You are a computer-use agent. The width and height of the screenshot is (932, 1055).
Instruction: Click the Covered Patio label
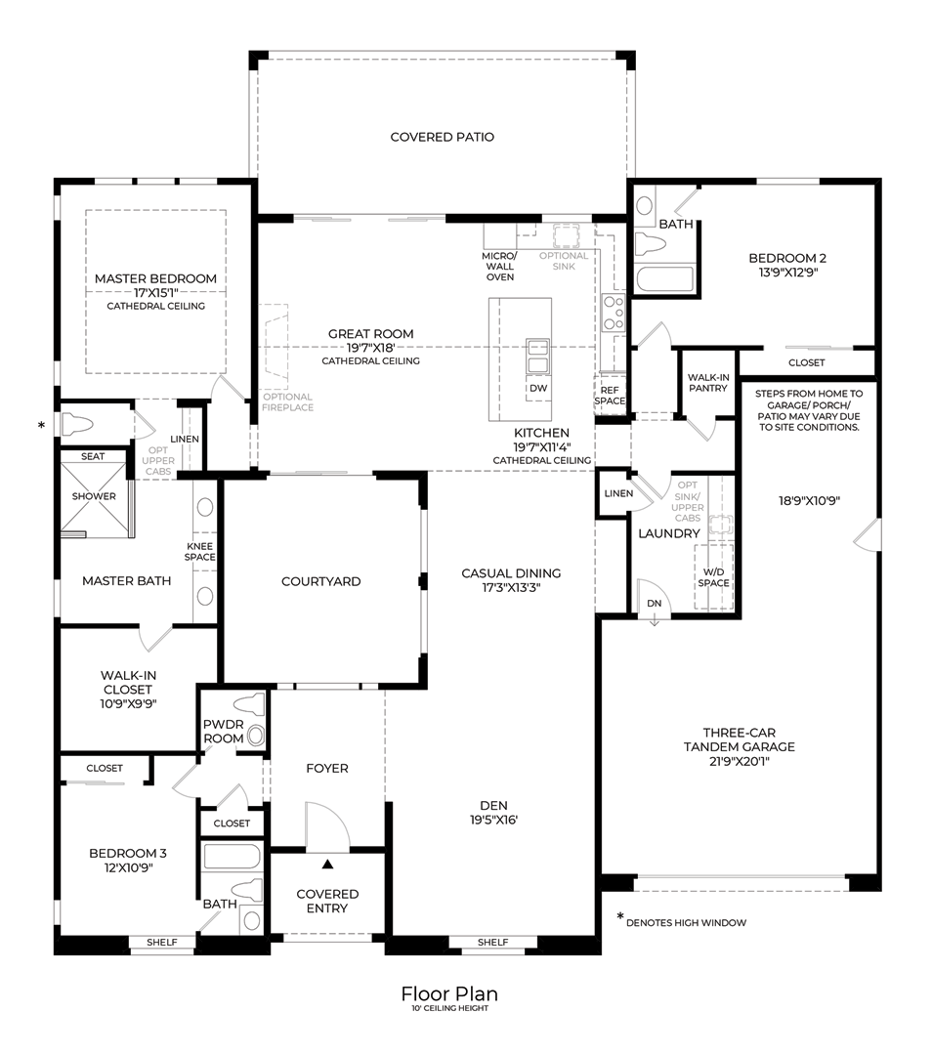pyautogui.click(x=443, y=137)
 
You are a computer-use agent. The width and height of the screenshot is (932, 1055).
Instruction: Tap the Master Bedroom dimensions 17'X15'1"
pyautogui.click(x=155, y=293)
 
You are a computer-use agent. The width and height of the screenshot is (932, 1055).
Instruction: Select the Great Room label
pyautogui.click(x=371, y=334)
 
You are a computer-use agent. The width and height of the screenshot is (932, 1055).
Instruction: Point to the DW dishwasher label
pyautogui.click(x=538, y=388)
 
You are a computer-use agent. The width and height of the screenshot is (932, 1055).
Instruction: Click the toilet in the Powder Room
pyautogui.click(x=249, y=706)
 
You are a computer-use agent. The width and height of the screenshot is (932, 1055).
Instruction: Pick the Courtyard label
pyautogui.click(x=321, y=581)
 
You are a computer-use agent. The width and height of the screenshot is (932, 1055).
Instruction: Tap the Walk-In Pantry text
pyautogui.click(x=708, y=383)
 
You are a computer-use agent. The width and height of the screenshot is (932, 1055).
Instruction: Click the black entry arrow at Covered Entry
pyautogui.click(x=327, y=864)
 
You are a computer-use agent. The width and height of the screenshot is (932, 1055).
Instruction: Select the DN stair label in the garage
pyautogui.click(x=655, y=604)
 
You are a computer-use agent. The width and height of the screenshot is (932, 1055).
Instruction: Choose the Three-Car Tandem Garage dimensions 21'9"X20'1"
pyautogui.click(x=740, y=762)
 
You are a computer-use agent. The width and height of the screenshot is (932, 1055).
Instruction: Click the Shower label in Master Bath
pyautogui.click(x=94, y=496)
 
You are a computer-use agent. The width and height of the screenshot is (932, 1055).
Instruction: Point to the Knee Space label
pyautogui.click(x=200, y=552)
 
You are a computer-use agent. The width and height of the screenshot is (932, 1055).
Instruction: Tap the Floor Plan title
pyautogui.click(x=449, y=993)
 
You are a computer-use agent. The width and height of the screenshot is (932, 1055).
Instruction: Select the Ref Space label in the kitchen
pyautogui.click(x=610, y=396)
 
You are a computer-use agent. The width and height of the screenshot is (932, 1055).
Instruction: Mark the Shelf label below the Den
pyautogui.click(x=492, y=943)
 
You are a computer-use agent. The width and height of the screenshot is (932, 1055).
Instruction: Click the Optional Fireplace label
pyautogui.click(x=287, y=402)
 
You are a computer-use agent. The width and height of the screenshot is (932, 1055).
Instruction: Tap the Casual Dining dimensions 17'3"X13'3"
pyautogui.click(x=511, y=588)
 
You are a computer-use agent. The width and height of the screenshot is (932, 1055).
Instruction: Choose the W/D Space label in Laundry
pyautogui.click(x=713, y=577)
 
